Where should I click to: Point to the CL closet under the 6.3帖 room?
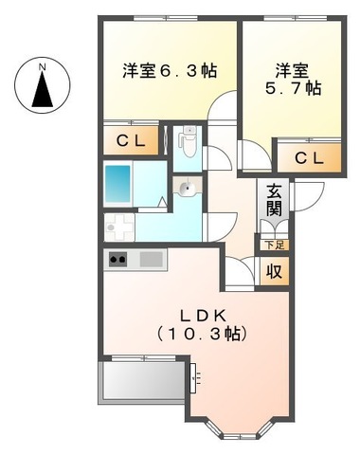pyautogui.click(x=131, y=140)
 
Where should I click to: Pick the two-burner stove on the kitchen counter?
pyautogui.click(x=118, y=258)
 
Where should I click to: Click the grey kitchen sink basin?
pyautogui.click(x=151, y=258)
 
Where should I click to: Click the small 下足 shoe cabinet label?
pyautogui.click(x=273, y=246)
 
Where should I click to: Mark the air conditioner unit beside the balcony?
pyautogui.click(x=193, y=379)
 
